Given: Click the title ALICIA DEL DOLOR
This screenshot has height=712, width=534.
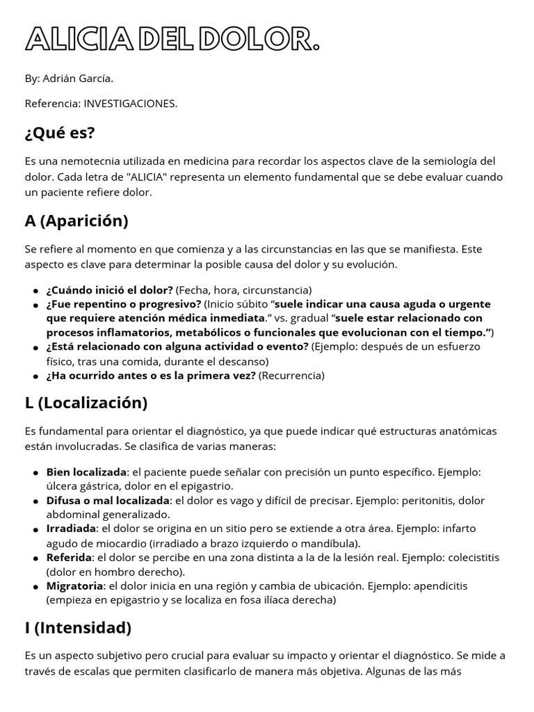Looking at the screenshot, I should [172, 40].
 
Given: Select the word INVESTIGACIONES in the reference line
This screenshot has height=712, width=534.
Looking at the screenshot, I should [130, 104].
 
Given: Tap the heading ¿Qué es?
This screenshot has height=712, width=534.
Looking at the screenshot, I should [60, 132].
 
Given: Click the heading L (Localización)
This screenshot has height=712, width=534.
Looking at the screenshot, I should [86, 403].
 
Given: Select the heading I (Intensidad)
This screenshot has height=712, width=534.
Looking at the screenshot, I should [78, 627].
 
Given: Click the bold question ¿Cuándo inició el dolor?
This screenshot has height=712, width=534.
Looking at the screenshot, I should [109, 290].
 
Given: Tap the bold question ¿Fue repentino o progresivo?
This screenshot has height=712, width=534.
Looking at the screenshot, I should [124, 304].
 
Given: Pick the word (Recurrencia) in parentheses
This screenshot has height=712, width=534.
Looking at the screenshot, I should [291, 375].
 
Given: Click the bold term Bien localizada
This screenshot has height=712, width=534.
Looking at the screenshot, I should [86, 472].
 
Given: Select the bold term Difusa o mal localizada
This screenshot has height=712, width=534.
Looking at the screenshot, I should [108, 501].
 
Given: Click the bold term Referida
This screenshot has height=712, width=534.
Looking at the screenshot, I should [69, 558].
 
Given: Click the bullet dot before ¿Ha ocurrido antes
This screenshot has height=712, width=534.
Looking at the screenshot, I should [35, 376].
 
